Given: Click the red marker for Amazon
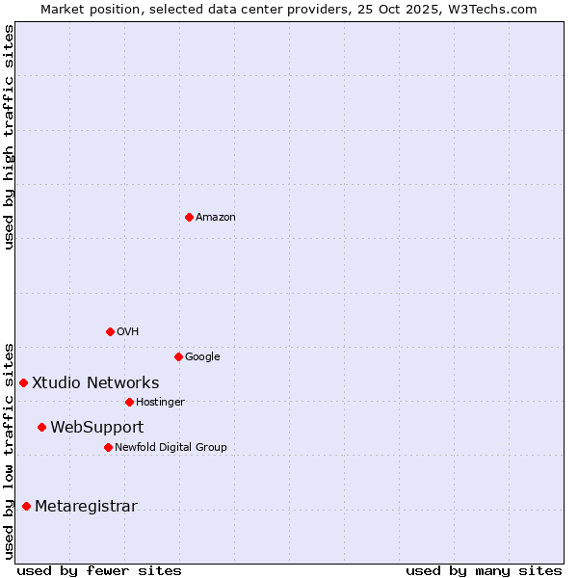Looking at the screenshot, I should point(189,217).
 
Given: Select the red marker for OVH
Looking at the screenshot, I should point(110,331).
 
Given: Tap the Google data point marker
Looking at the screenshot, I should point(178,356).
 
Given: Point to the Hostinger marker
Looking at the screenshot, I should point(129,402).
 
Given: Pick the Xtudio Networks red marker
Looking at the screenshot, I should point(23,382).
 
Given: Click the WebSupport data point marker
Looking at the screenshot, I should point(41,427).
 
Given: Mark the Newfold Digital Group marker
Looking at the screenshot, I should point(108,447).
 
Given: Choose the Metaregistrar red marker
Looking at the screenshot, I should point(26,507).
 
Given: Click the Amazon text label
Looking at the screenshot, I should point(216,218).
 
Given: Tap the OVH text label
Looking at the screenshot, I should point(128,332).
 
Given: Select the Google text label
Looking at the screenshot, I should point(202,357).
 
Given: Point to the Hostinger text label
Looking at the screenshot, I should point(160,403).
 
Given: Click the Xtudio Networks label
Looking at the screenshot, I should point(95,383).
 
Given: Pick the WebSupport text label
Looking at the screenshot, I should point(96,428).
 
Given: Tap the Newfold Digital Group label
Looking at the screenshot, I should point(171,448).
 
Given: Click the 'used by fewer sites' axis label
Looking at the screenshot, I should point(99,570).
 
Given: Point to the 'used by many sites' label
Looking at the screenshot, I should point(484,570).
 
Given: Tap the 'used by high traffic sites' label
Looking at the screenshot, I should point(9,137).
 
